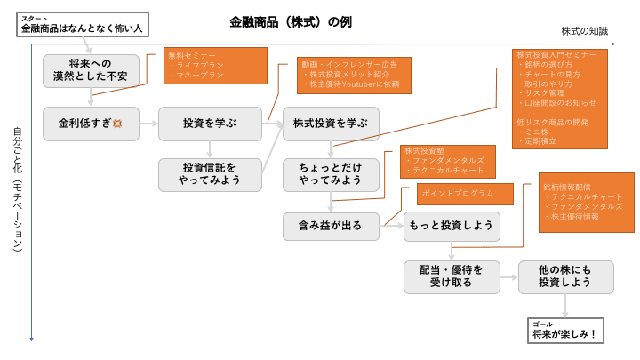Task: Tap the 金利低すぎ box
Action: pos(91,123)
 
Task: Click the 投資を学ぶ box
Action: pos(210,123)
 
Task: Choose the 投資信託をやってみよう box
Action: pos(210,174)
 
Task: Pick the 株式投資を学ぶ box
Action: pos(331,123)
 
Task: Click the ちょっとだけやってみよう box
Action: pos(331,174)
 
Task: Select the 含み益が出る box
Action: pos(331,226)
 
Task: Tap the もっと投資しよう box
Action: pos(452,226)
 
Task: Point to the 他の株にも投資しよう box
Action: pos(565,276)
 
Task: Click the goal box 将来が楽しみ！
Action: pos(566,331)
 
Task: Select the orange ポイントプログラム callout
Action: pos(467,194)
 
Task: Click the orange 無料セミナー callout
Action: pos(215,66)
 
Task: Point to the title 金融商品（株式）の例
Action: pos(291,21)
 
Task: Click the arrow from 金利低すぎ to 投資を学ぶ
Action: pos(148,124)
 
